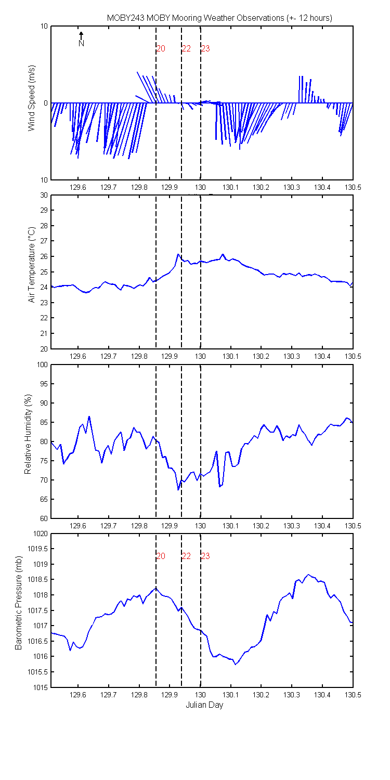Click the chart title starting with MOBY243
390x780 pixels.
pos(219,18)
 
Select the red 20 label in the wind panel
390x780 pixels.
pos(161,48)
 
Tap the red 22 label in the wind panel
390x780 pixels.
pos(186,48)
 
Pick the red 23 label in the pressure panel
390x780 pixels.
pos(205,556)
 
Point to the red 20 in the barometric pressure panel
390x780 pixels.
pos(161,556)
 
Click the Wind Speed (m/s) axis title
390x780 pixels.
pos(31,98)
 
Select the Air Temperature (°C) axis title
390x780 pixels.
pos(31,265)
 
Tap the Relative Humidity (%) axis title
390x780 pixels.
pos(28,434)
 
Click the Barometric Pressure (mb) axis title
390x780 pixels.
pos(18,603)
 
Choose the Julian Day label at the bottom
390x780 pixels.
pos(204,705)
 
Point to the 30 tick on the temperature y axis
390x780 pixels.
pos(44,195)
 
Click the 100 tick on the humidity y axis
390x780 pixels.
pos(42,365)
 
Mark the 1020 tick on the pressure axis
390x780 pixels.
pos(41,534)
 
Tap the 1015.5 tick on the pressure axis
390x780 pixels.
pos(38,672)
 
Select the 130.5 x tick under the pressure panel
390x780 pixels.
pos(353,695)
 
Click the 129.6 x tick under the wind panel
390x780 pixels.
pos(77,187)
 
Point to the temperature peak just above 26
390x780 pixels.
pos(178,254)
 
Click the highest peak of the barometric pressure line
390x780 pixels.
pos(308,575)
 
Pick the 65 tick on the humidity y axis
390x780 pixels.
pos(44,499)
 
